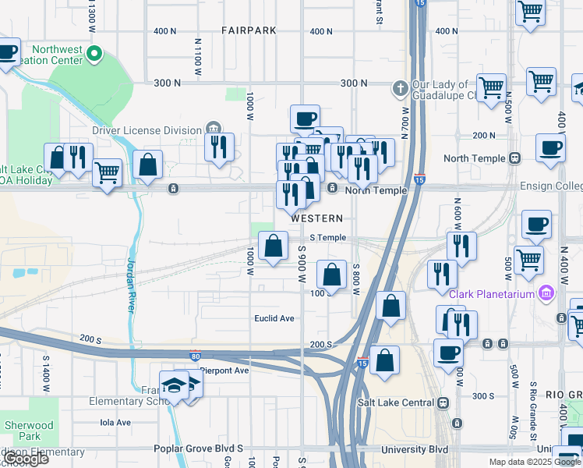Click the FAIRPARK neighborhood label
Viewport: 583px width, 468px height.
pyautogui.click(x=249, y=31)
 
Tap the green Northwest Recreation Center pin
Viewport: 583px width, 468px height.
pyautogui.click(x=94, y=55)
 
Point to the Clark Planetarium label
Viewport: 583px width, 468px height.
pyautogui.click(x=492, y=293)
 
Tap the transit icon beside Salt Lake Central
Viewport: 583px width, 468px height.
pyautogui.click(x=443, y=402)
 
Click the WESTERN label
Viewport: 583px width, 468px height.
pyautogui.click(x=316, y=218)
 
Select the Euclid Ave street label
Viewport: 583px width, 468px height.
pyautogui.click(x=274, y=318)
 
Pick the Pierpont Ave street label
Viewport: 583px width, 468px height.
pyautogui.click(x=224, y=370)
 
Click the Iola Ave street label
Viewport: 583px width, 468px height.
pyautogui.click(x=116, y=422)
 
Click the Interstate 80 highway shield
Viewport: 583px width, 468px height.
pyautogui.click(x=194, y=356)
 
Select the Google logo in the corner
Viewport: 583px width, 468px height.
pyautogui.click(x=26, y=459)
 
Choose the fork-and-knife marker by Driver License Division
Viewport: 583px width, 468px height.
pyautogui.click(x=219, y=144)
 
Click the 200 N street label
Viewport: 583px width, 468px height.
pyautogui.click(x=483, y=135)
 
